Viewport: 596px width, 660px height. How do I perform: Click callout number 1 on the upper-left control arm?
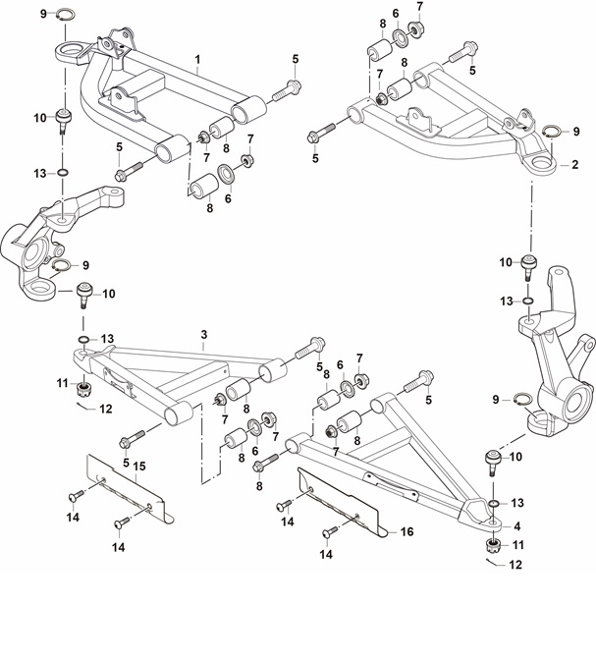(197, 59)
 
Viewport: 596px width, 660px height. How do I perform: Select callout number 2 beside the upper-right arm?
(575, 165)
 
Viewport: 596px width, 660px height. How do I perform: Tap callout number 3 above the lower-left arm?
(203, 335)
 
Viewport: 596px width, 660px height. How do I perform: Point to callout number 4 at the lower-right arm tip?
(517, 526)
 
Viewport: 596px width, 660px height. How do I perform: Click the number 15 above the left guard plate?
(139, 466)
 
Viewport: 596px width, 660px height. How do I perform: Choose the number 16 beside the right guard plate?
(407, 531)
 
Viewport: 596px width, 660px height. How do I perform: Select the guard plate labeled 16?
(342, 502)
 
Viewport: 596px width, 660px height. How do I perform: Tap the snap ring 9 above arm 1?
(66, 15)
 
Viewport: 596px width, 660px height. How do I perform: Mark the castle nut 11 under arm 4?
(493, 546)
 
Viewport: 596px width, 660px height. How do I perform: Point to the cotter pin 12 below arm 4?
(491, 562)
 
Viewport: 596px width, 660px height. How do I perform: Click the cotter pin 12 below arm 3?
(83, 406)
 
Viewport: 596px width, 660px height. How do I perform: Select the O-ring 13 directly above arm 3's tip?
(83, 339)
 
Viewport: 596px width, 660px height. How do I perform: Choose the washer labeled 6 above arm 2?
(401, 37)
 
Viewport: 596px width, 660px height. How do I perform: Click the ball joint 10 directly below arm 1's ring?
(63, 121)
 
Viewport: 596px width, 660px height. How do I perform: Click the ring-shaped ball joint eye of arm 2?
(540, 162)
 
